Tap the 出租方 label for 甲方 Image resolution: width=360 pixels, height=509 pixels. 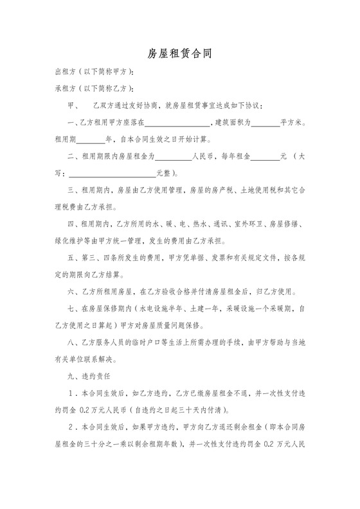tap(64, 72)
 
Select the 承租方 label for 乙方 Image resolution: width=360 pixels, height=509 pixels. tap(64, 88)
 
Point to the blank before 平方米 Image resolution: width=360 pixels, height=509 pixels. tap(265, 122)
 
